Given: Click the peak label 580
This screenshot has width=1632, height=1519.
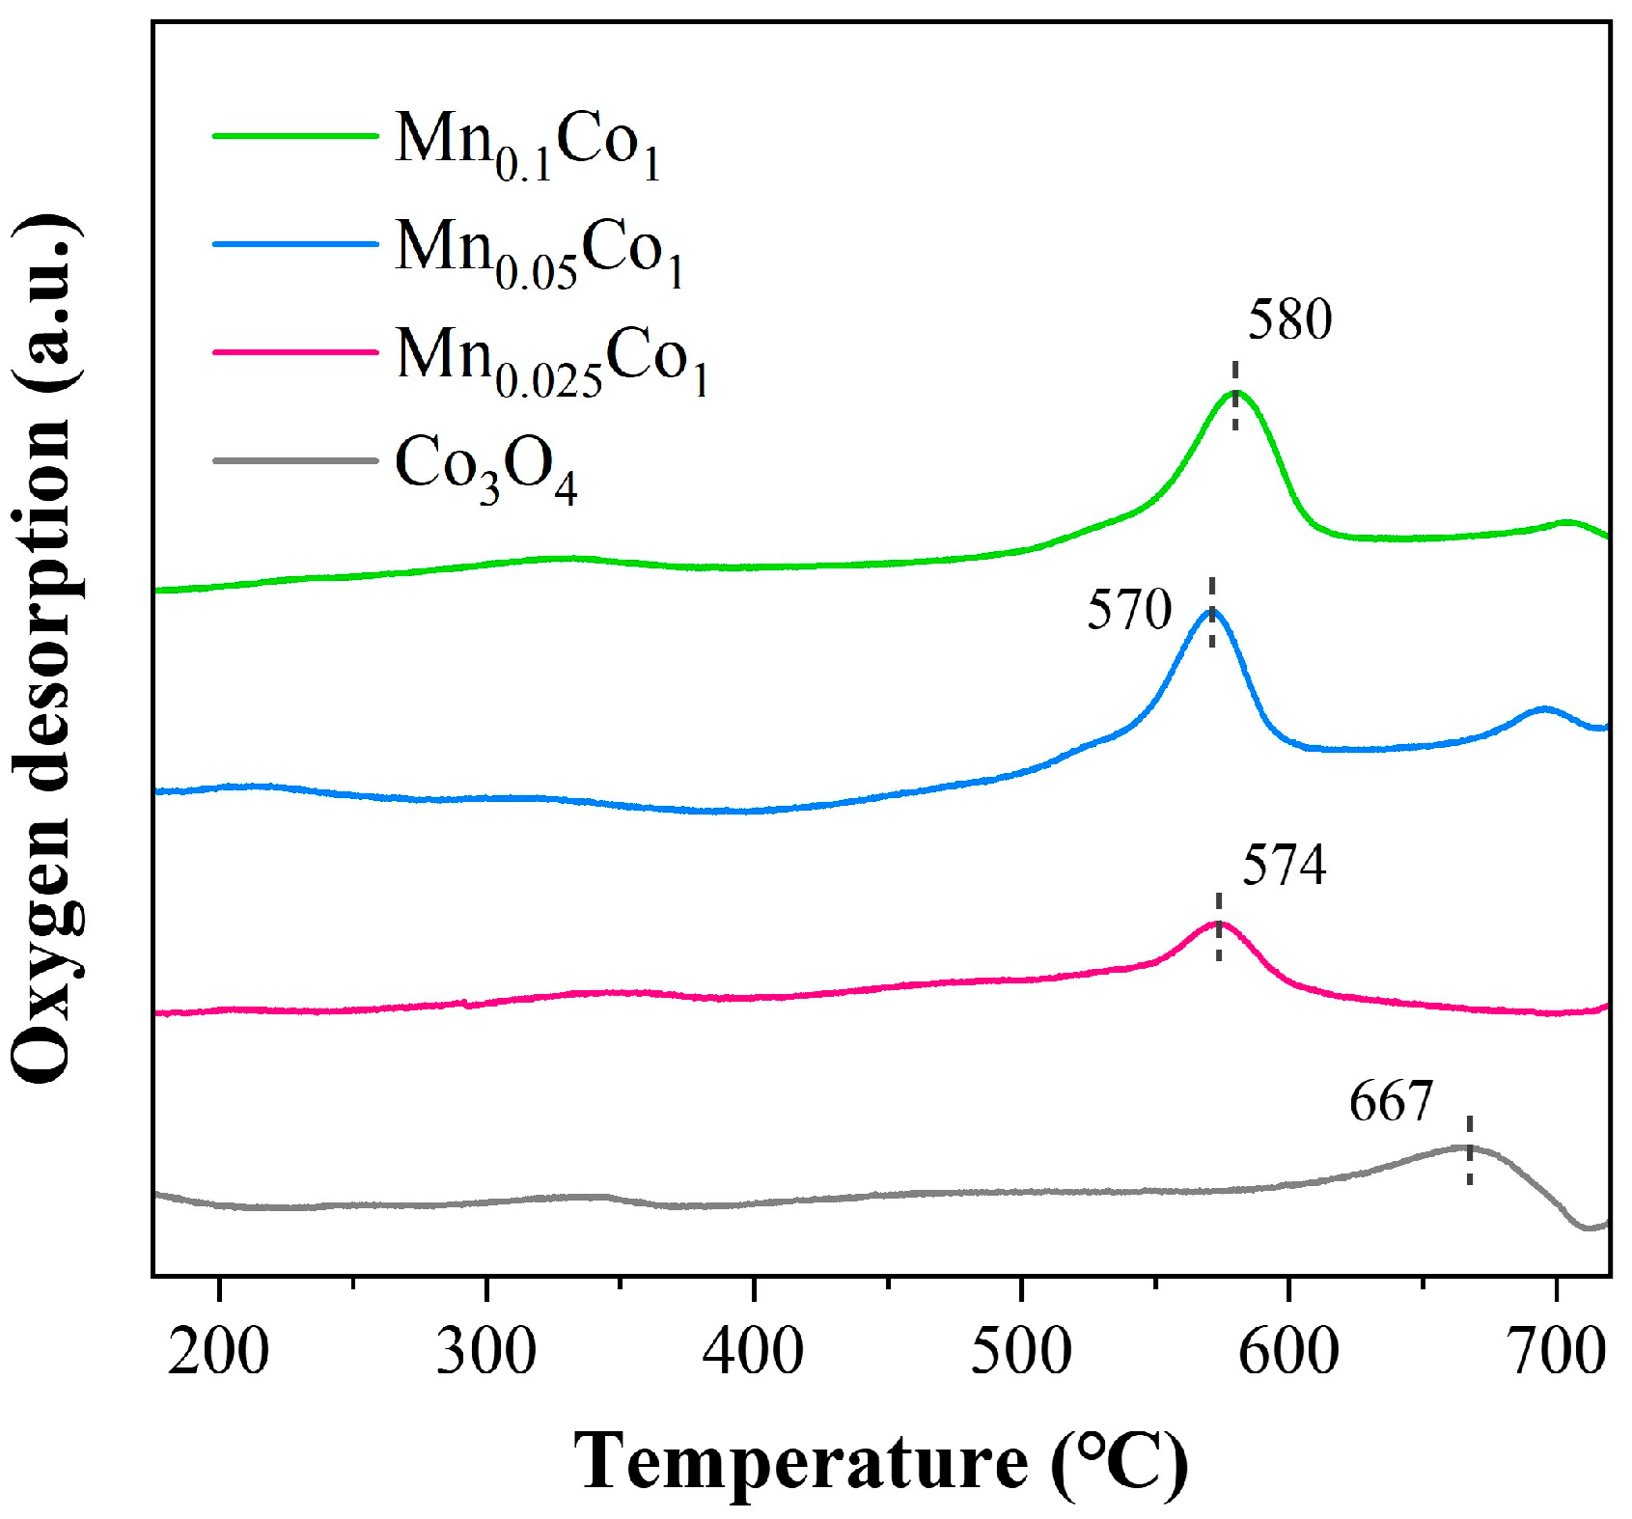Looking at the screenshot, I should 1289,320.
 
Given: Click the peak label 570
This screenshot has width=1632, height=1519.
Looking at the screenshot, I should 1129,610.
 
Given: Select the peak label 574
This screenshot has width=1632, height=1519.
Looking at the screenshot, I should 1284,866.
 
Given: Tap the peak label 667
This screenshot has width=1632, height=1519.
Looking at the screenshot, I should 1391,1101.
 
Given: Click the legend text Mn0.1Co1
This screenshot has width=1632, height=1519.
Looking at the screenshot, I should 528,145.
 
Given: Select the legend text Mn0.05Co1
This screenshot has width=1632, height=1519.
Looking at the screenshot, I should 539,253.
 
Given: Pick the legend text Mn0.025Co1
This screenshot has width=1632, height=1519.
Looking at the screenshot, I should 552,361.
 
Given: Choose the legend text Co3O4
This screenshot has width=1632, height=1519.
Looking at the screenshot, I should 485,469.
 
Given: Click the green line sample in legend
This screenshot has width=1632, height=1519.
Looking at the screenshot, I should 294,136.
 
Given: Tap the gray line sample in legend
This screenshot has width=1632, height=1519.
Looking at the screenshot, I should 294,460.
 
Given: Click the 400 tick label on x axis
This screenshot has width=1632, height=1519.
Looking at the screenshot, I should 753,1352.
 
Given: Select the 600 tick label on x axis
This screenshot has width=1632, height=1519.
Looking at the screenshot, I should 1287,1352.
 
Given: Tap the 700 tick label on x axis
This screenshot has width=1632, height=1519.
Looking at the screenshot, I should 1556,1352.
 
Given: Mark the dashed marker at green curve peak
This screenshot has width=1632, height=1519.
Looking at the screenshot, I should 1234,396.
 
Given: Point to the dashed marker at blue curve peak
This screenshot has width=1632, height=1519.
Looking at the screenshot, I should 1212,612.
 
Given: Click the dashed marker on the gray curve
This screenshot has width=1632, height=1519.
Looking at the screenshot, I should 1469,1149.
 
